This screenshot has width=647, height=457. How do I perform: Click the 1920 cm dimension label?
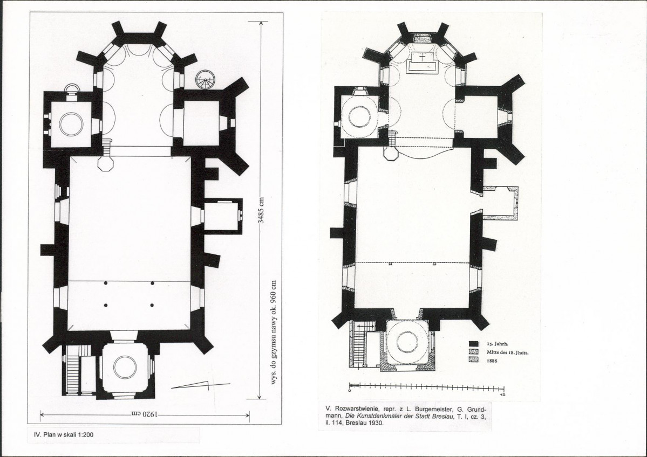145,414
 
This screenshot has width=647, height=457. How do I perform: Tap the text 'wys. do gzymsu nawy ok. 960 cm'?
273,333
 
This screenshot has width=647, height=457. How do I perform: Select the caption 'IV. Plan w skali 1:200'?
66,434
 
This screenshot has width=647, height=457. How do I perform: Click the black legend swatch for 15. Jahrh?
473,343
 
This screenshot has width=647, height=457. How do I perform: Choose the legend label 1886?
492,361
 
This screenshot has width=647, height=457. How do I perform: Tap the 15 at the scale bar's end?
502,395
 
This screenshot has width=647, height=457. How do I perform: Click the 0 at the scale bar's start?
350,390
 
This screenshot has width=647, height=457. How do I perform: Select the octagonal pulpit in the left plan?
106,164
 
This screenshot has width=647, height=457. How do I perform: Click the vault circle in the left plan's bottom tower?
125,367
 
